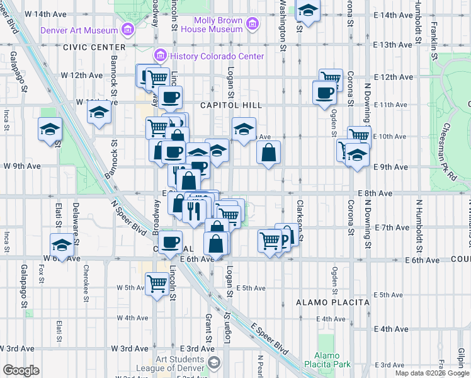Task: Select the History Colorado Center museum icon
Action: click(x=161, y=56)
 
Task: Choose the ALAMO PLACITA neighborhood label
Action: click(x=332, y=302)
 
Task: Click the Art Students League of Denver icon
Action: click(x=214, y=363)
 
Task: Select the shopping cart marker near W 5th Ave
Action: click(x=156, y=282)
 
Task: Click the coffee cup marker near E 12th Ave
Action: click(x=324, y=92)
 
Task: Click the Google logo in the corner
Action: click(x=21, y=370)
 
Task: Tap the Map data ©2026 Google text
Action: click(x=431, y=373)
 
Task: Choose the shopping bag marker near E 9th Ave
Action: click(x=268, y=152)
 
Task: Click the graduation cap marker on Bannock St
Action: click(x=99, y=114)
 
